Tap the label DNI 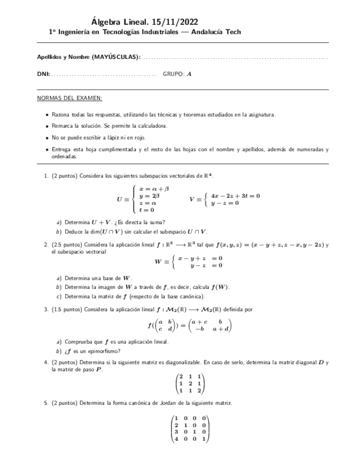pyautogui.click(x=43, y=74)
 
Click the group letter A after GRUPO pyautogui.click(x=190, y=74)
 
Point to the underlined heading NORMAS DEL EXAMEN pyautogui.click(x=69, y=98)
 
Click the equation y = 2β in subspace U pyautogui.click(x=149, y=196)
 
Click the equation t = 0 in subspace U pyautogui.click(x=147, y=209)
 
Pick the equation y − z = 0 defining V pyautogui.click(x=225, y=203)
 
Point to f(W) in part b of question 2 pyautogui.click(x=220, y=287)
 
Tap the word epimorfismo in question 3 pyautogui.click(x=104, y=351)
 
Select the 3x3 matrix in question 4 pyautogui.click(x=189, y=384)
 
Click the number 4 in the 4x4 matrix pyautogui.click(x=176, y=439)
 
